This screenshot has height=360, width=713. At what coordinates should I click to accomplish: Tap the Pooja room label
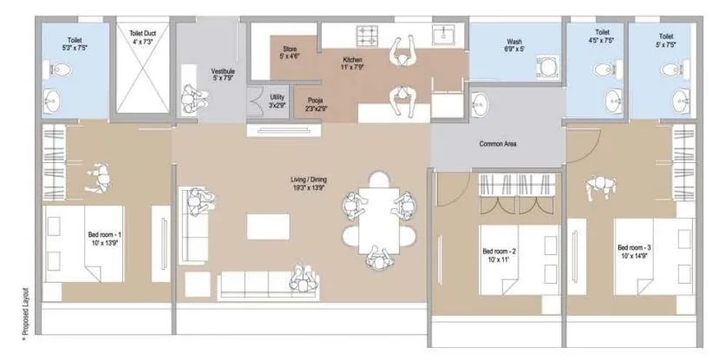316,105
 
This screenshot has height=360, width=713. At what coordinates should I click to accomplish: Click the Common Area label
499,144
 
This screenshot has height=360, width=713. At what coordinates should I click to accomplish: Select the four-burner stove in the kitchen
370,36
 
